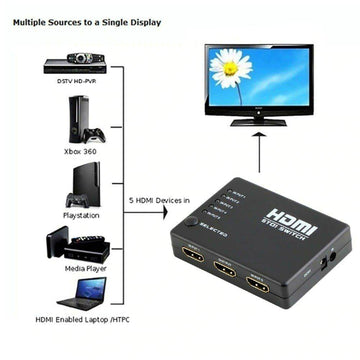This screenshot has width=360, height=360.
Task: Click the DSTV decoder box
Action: click(68, 66)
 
